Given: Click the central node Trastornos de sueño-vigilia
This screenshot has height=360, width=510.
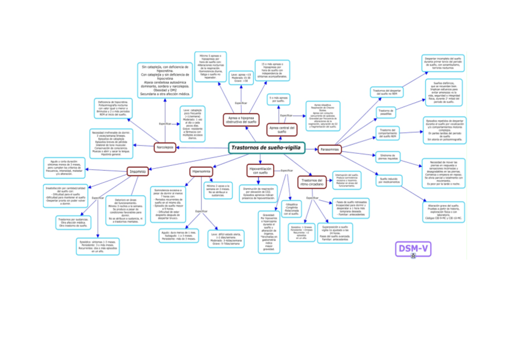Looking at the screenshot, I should [x=267, y=147].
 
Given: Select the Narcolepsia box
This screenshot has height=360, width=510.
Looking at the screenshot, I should [x=165, y=147].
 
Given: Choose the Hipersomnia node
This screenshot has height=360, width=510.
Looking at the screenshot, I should [x=200, y=171].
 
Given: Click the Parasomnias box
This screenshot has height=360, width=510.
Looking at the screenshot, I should [x=330, y=148].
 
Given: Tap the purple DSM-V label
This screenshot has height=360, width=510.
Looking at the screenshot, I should [x=413, y=248].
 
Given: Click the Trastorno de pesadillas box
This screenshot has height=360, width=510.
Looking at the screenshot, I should [x=386, y=112].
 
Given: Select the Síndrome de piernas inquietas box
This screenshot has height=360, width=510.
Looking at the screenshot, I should [x=386, y=157].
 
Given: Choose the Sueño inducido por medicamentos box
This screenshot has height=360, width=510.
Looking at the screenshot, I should [x=386, y=180].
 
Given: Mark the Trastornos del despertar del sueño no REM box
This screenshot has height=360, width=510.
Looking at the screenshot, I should [x=386, y=92].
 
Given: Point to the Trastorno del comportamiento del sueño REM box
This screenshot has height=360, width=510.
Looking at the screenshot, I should [x=386, y=133].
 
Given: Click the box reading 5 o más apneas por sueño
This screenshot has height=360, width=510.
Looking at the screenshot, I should [x=279, y=99].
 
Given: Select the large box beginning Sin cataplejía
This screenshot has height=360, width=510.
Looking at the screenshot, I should [x=165, y=80].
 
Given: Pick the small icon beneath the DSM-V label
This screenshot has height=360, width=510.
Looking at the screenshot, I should [x=413, y=257].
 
